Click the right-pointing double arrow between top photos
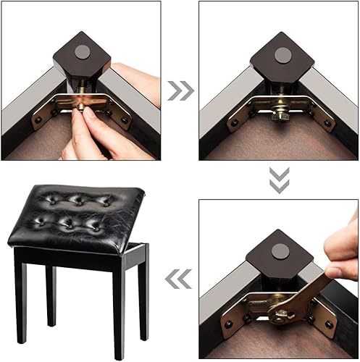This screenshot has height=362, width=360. [x=179, y=90]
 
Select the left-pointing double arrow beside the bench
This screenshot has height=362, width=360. [x=179, y=278]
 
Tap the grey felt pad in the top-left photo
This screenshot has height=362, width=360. [x=83, y=51]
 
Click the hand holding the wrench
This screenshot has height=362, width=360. [x=343, y=250]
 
